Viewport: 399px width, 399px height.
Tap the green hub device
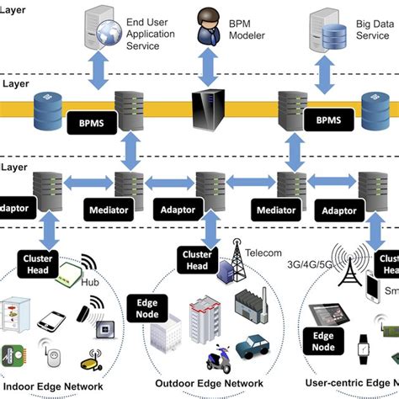coord(68,270)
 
